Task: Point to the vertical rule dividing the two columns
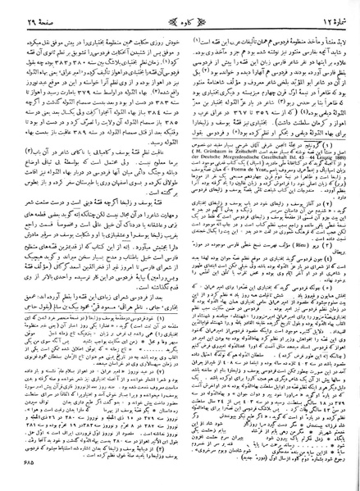[x=180, y=246]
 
